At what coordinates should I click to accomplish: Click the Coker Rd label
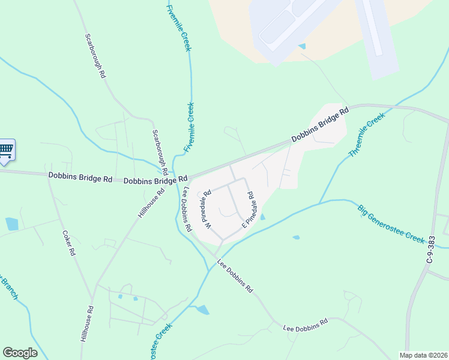[68, 242]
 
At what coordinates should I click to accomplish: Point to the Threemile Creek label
[366, 137]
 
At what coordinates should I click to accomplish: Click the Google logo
[20, 353]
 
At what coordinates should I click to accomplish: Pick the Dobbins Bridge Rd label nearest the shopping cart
[80, 178]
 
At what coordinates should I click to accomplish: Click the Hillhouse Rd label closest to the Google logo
[87, 324]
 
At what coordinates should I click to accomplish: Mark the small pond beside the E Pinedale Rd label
[262, 217]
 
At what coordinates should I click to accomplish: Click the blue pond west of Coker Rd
[11, 224]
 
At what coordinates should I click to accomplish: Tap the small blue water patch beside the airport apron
[301, 46]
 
